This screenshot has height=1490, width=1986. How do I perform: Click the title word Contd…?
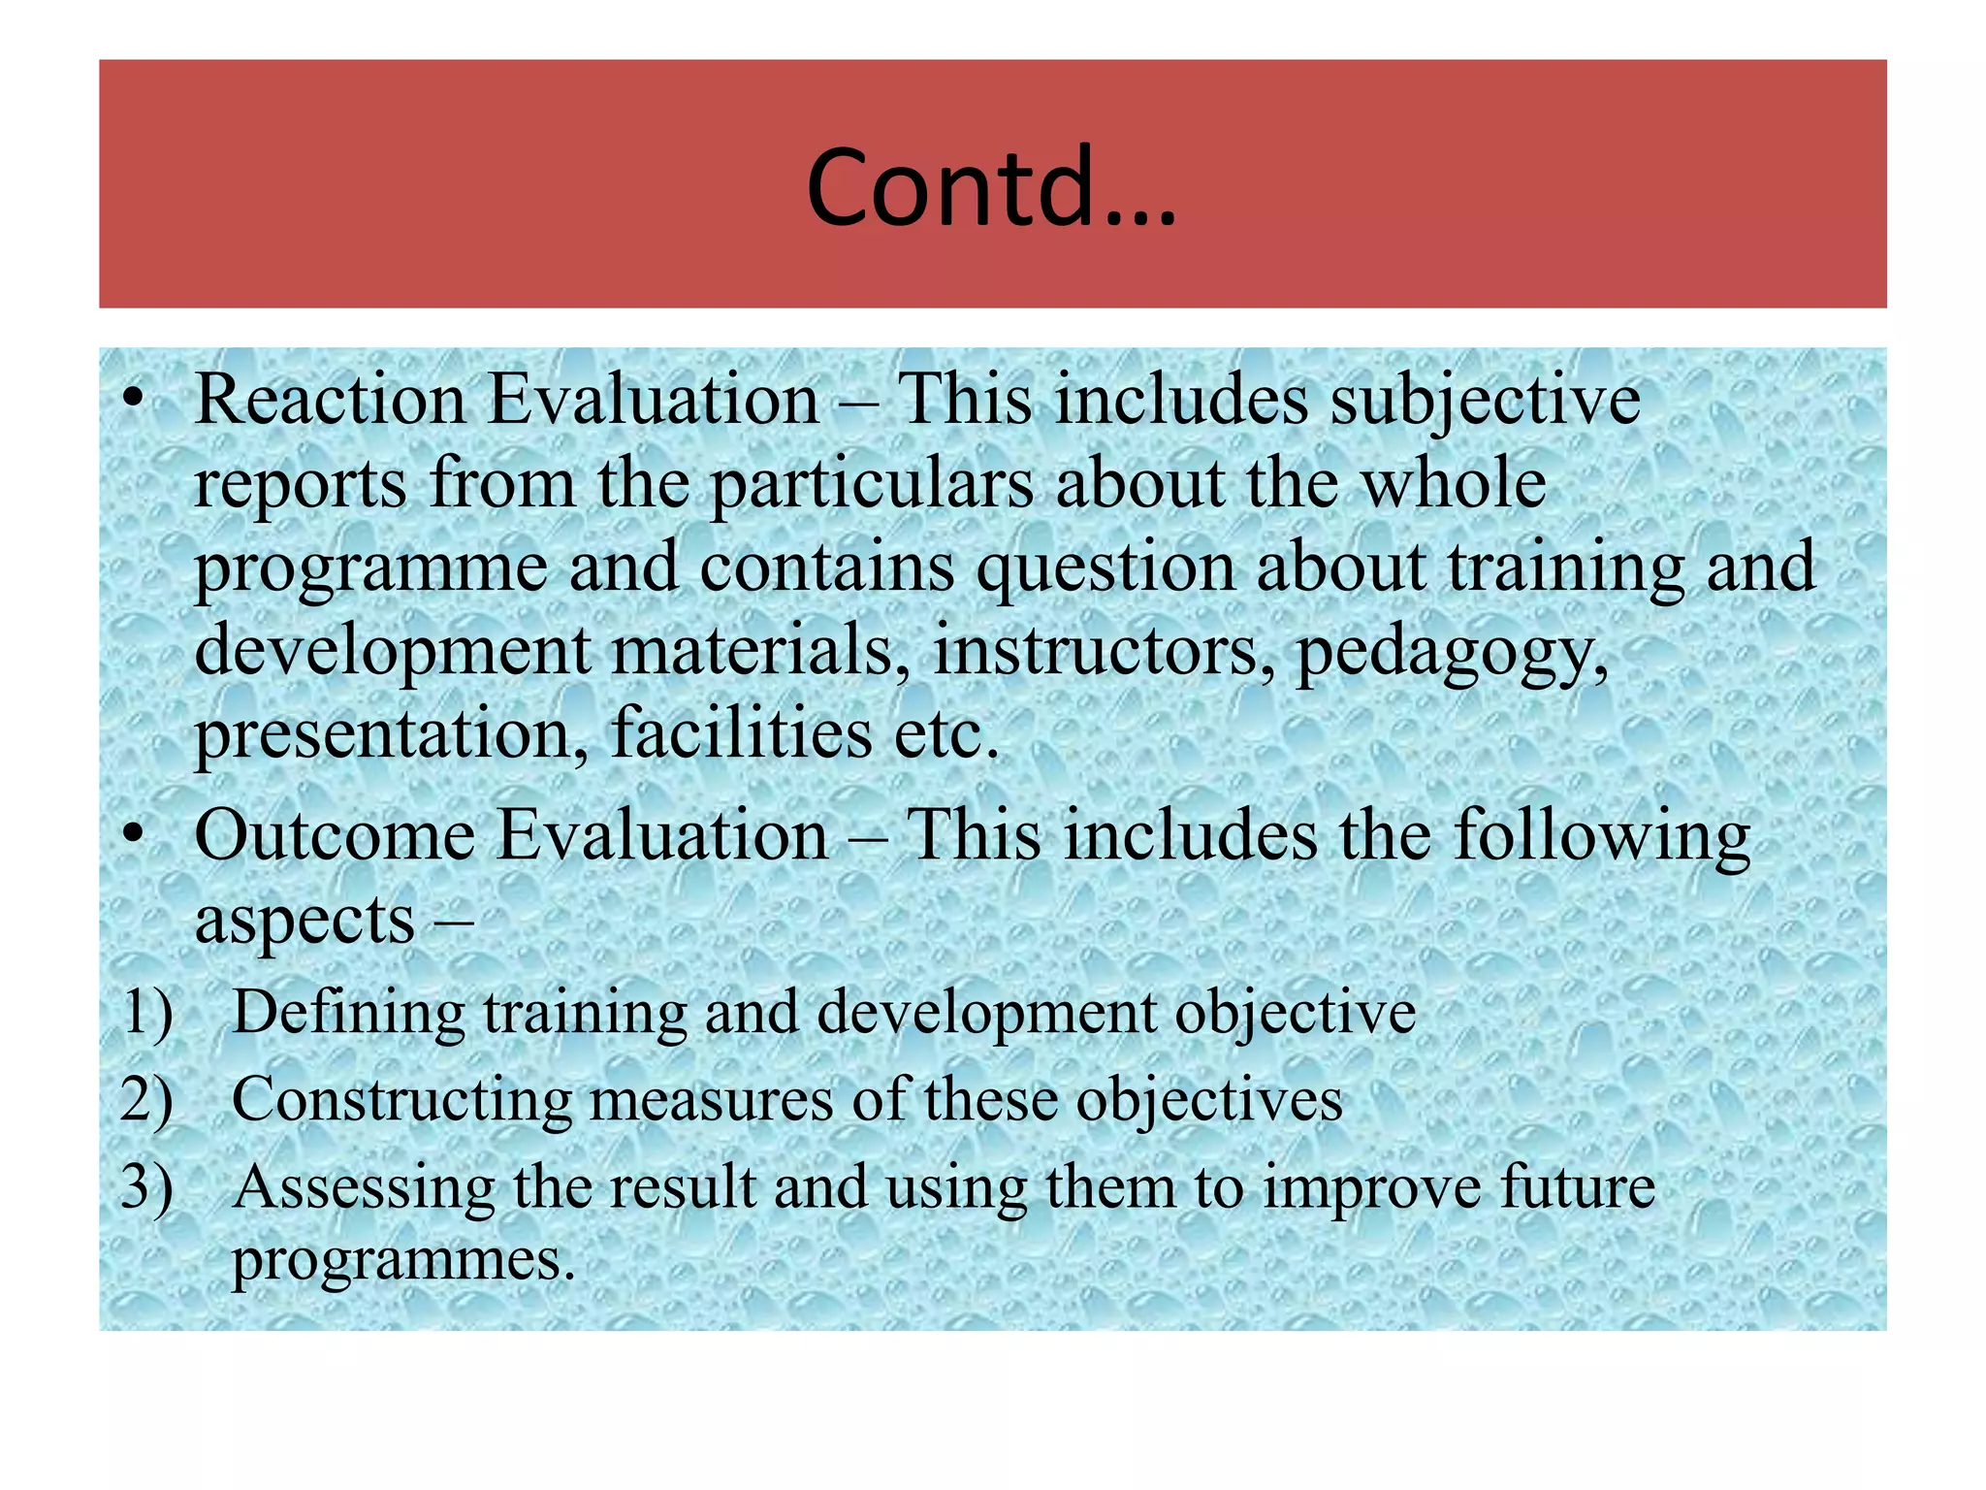point(991,187)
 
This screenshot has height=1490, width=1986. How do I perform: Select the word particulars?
point(872,483)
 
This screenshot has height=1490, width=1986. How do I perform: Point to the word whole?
point(1455,483)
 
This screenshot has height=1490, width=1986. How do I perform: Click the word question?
point(1105,567)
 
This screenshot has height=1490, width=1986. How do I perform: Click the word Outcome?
point(335,835)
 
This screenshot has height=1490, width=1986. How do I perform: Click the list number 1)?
point(147,1012)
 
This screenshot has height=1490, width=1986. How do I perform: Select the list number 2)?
point(147,1099)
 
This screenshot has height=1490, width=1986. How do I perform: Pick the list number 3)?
point(147,1186)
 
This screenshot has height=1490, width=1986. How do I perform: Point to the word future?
point(1577,1186)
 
